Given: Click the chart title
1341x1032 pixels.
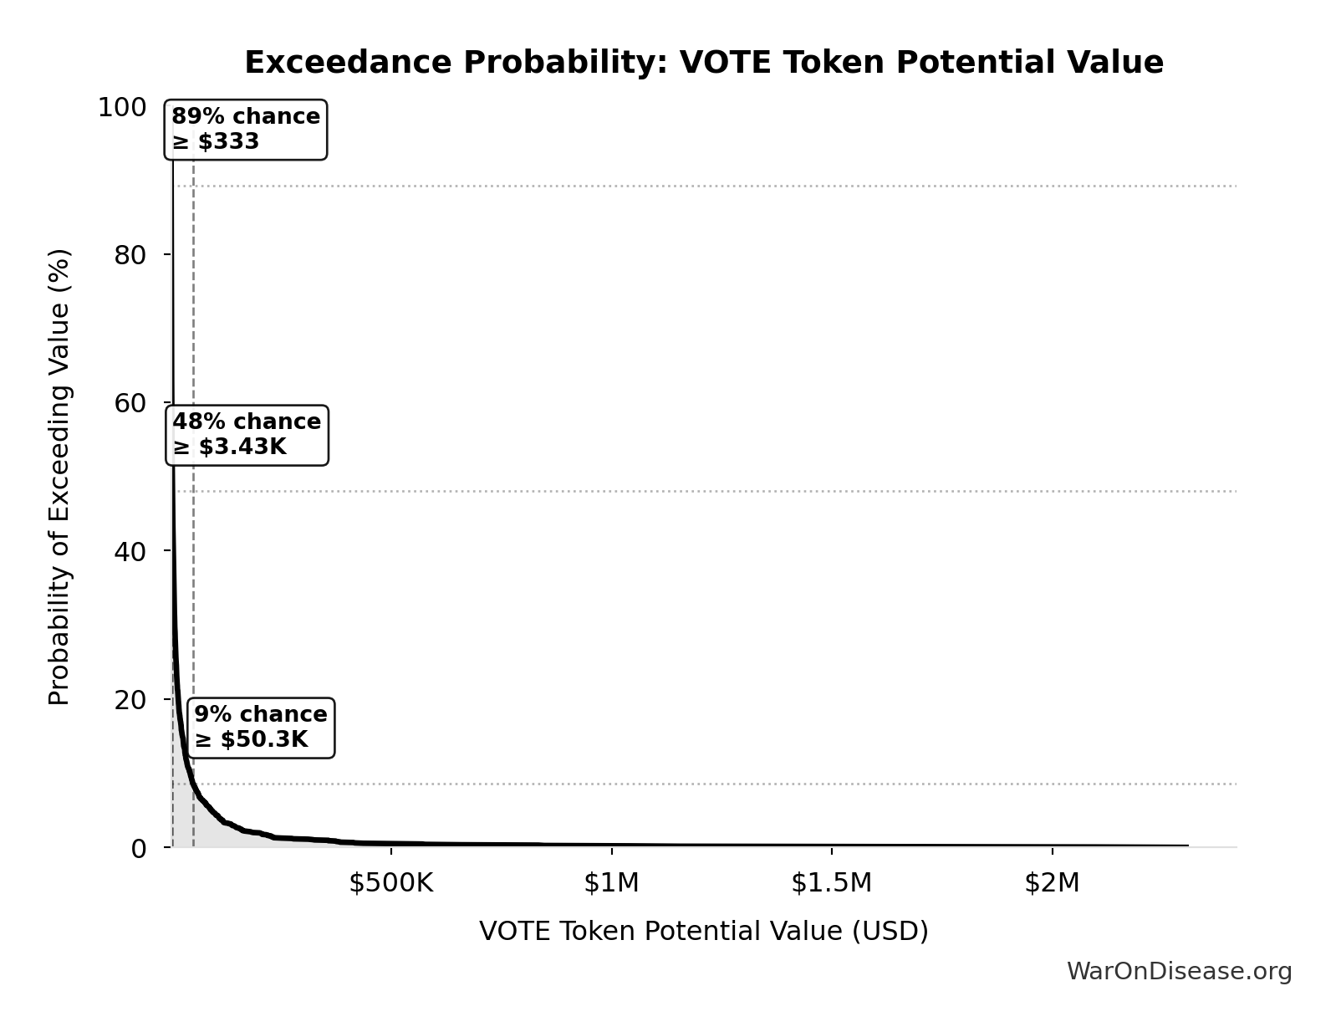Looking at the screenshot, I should (703, 63).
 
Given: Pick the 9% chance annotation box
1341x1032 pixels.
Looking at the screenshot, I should (261, 728).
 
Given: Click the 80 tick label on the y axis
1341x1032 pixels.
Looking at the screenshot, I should (131, 255).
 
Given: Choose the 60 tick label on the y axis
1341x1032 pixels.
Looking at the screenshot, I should (131, 403).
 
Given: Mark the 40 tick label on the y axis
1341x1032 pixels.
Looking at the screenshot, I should (131, 551).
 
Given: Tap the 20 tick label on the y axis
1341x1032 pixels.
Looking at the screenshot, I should (131, 699).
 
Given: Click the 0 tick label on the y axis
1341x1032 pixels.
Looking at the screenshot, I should (139, 848).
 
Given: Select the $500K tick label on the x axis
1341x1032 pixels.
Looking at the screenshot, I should (391, 883).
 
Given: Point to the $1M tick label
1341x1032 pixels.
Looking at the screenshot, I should (611, 883).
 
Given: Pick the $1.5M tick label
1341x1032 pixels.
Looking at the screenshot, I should (831, 883).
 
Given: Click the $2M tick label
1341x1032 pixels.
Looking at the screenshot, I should (1052, 883).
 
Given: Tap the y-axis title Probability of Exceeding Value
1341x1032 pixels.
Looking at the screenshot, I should (59, 477).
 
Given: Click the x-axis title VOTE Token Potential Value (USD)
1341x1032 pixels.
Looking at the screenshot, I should (703, 932).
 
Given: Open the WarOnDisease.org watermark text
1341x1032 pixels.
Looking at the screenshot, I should (1179, 972).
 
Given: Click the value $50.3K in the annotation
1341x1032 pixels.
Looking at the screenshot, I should (264, 740).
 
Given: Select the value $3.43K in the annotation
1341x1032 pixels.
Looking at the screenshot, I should (242, 447).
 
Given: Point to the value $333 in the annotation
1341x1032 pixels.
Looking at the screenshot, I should (228, 142).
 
